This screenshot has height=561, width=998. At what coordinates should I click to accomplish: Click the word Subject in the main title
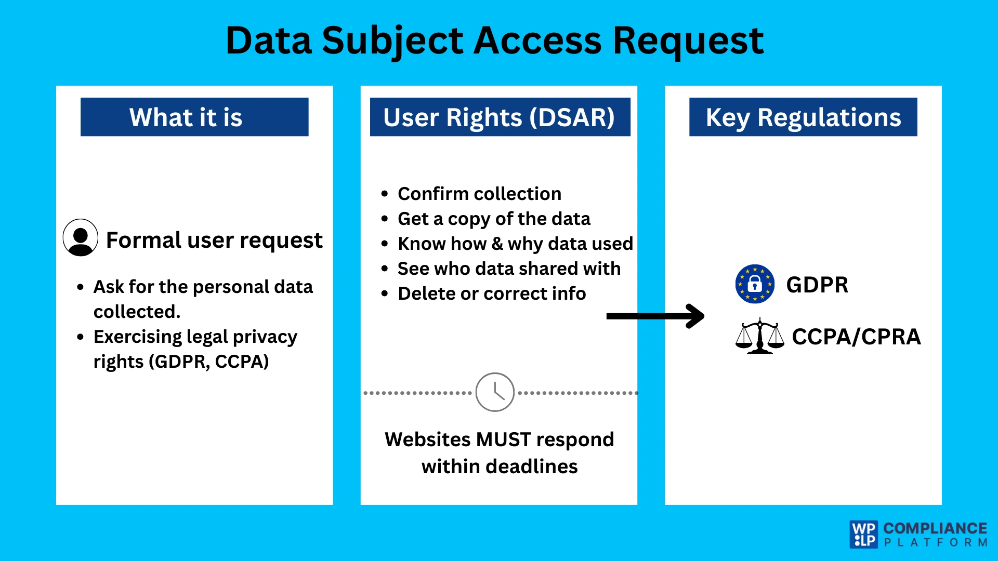click(x=392, y=42)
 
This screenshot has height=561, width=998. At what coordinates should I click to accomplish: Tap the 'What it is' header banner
click(x=194, y=117)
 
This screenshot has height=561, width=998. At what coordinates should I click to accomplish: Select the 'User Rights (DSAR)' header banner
click(x=500, y=117)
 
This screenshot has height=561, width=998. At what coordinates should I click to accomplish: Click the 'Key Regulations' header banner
click(x=803, y=117)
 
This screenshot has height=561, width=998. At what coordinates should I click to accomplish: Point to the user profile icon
click(x=81, y=237)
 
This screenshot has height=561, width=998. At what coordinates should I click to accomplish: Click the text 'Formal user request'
click(x=214, y=240)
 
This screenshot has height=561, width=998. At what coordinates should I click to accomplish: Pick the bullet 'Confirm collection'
click(x=479, y=194)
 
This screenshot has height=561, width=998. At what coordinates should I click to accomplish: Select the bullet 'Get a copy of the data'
click(x=494, y=219)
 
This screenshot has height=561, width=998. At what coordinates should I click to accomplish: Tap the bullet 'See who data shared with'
click(x=509, y=269)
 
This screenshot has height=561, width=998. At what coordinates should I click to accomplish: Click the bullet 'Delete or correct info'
click(x=492, y=293)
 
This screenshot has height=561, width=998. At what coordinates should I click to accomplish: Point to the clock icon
click(x=495, y=392)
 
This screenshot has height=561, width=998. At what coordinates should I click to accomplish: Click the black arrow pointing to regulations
click(x=655, y=316)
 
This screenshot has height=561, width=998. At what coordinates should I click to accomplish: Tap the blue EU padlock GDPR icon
click(x=755, y=284)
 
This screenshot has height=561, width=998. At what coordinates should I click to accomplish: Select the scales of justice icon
click(x=759, y=337)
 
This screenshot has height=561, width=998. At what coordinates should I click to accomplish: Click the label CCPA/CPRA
click(x=856, y=337)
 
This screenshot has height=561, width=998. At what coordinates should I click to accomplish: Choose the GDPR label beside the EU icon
click(x=817, y=285)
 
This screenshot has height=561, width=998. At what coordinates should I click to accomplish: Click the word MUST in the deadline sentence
click(x=503, y=439)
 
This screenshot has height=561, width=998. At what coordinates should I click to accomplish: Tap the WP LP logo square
click(x=864, y=535)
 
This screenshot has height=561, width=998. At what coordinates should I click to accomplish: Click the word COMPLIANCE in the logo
click(x=935, y=528)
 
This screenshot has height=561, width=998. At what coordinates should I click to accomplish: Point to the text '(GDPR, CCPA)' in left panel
click(x=208, y=362)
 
